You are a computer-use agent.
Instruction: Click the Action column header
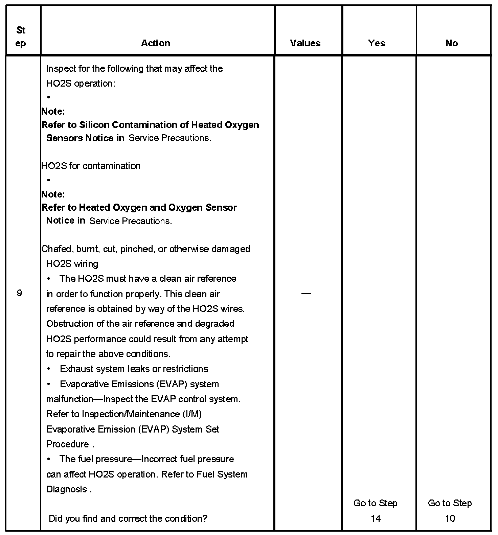pyautogui.click(x=156, y=43)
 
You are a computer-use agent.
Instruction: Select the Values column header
pyautogui.click(x=305, y=43)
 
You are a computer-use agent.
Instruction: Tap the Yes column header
pyautogui.click(x=377, y=43)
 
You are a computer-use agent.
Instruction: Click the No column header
pyautogui.click(x=451, y=43)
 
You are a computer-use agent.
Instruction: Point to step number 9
pyautogui.click(x=20, y=293)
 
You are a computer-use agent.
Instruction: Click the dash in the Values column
pyautogui.click(x=306, y=293)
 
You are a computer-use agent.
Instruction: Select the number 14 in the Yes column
pyautogui.click(x=376, y=518)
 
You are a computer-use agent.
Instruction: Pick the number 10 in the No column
pyautogui.click(x=450, y=518)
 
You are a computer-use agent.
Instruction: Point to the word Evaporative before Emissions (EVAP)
pyautogui.click(x=81, y=384)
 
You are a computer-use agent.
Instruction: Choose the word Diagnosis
pyautogui.click(x=67, y=489)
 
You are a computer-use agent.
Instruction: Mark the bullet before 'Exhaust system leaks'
pyautogui.click(x=49, y=369)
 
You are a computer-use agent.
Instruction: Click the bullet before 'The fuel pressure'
pyautogui.click(x=49, y=459)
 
